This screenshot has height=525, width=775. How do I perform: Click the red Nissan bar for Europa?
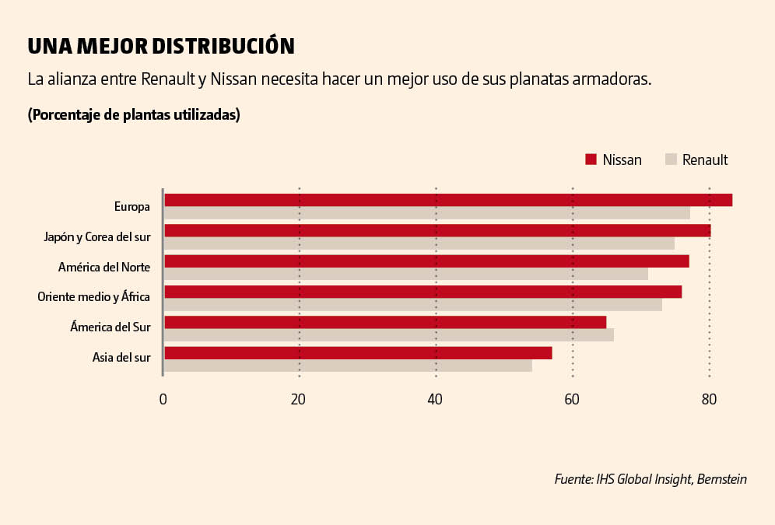448,200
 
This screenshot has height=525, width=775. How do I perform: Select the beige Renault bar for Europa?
427,213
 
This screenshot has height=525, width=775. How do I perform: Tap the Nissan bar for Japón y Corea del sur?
437,230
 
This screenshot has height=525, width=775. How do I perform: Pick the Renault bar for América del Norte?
406,274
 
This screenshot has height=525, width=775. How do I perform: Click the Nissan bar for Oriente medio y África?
423,292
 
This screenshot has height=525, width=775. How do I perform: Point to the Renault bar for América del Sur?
389,334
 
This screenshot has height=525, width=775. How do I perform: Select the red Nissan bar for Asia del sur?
358,352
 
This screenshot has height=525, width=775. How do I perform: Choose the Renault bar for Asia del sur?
348,365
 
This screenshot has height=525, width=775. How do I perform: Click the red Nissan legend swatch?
591,159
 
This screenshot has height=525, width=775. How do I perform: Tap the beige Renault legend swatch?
671,159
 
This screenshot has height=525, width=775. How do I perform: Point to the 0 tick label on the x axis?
163,400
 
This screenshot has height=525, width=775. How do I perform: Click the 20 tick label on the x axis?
298,400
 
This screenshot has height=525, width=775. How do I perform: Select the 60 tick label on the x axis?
572,400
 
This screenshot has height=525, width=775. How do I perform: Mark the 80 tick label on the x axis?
708,400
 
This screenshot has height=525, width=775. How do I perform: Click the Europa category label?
132,206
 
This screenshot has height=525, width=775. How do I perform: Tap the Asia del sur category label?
121,358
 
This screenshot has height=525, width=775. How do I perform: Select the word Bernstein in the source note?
722,479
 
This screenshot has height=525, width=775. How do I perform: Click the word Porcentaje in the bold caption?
65,115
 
